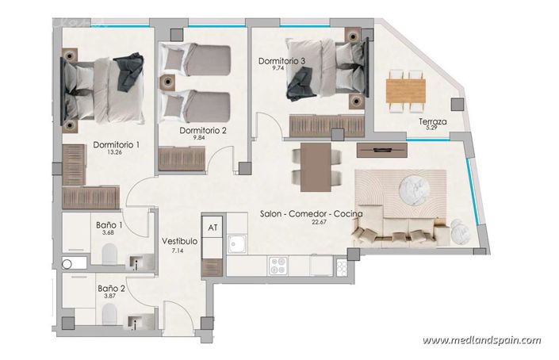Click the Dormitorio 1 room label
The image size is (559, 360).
click(x=117, y=145)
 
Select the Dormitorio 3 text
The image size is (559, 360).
click(x=283, y=60)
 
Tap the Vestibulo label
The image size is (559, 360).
click(x=179, y=241)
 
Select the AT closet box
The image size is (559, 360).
click(x=212, y=227)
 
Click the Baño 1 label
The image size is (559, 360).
click(x=109, y=224)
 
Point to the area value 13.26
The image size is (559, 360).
click(x=117, y=154)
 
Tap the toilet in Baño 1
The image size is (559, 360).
click(x=109, y=253)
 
